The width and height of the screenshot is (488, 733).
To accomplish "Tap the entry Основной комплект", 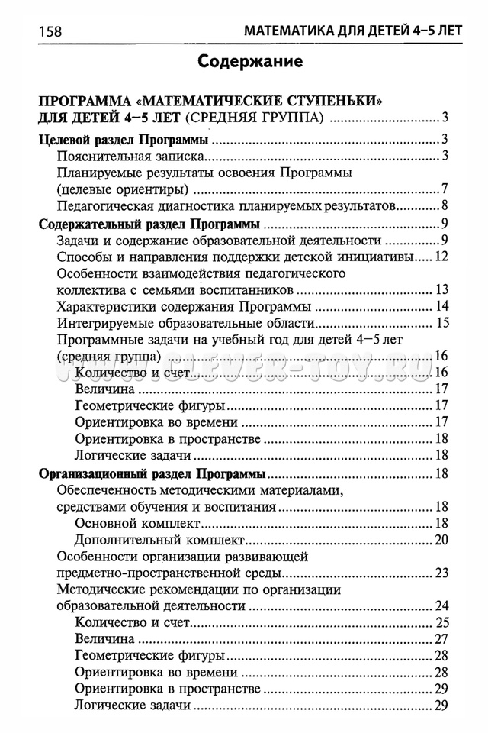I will tap(138, 523).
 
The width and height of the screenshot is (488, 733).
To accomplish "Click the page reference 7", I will tap(443, 189).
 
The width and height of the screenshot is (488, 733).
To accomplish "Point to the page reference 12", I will tap(440, 257).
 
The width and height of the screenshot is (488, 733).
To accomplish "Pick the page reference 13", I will tap(440, 289).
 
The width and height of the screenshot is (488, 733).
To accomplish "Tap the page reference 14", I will tap(440, 306).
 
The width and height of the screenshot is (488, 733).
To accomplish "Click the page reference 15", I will tap(440, 323).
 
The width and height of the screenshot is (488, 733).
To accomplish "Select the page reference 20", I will tap(440, 540).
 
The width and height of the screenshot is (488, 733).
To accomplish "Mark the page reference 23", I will tap(440, 573).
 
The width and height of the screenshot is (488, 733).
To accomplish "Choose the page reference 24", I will tap(440, 605).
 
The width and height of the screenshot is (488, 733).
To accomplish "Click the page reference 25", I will tap(440, 622).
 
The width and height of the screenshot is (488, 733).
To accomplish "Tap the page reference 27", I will tap(440, 639).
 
